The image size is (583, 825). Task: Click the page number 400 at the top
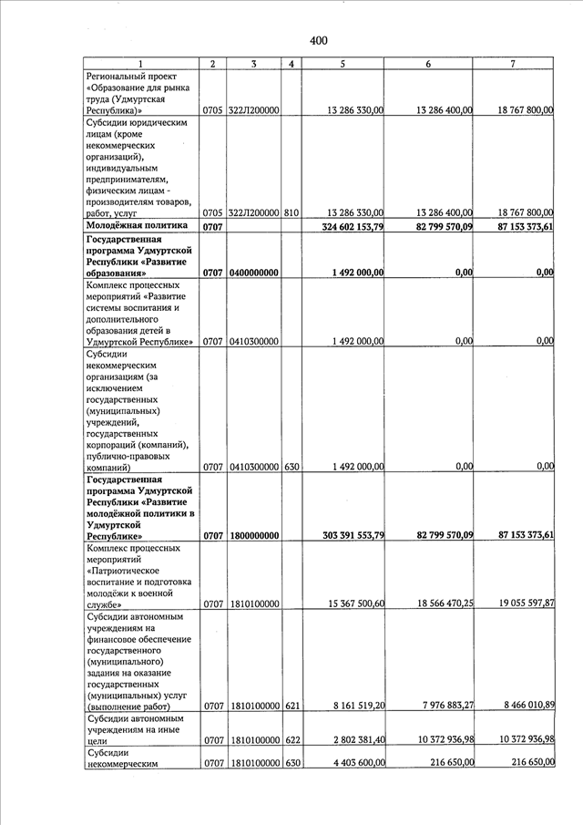318,40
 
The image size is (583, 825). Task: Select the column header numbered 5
342,63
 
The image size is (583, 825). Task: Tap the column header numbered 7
514,63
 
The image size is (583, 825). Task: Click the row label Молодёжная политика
136,225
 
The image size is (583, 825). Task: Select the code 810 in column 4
291,212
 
